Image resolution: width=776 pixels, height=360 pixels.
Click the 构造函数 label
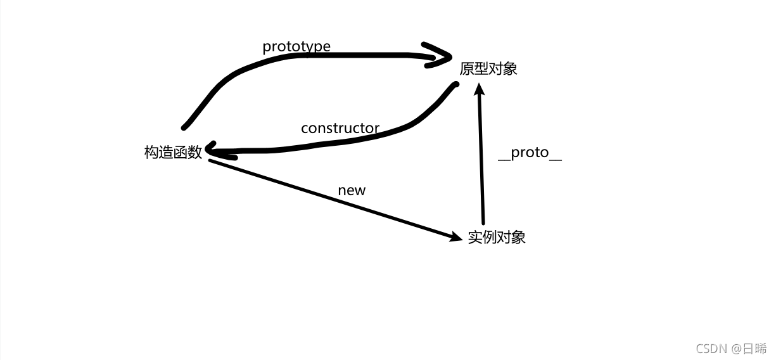click(x=173, y=152)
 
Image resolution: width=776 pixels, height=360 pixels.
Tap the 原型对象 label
click(x=488, y=68)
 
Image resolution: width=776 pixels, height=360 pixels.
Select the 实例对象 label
click(x=497, y=237)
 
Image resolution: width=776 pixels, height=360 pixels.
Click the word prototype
click(x=296, y=46)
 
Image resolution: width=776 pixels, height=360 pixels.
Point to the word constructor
click(x=340, y=128)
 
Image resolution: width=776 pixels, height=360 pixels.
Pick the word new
click(x=352, y=190)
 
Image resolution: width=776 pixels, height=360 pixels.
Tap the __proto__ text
click(x=530, y=153)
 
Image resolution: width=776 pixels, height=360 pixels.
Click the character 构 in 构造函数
click(x=151, y=152)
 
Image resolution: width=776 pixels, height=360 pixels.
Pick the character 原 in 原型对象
click(x=467, y=68)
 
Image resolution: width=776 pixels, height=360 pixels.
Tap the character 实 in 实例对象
click(x=475, y=237)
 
